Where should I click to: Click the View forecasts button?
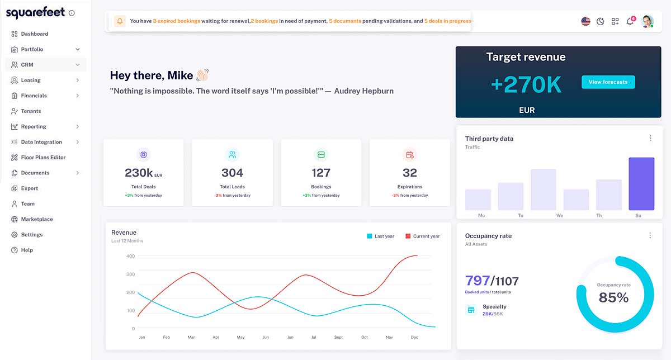click(x=608, y=82)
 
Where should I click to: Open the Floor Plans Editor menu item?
click(x=43, y=158)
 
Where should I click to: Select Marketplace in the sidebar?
click(x=37, y=219)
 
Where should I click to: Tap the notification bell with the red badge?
click(x=630, y=21)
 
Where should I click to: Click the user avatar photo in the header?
click(x=647, y=21)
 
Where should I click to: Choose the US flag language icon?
click(x=585, y=21)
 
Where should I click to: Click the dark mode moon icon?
click(x=601, y=21)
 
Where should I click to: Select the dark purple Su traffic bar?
click(x=641, y=183)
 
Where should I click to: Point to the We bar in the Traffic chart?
click(x=543, y=190)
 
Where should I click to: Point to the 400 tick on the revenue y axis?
click(x=130, y=256)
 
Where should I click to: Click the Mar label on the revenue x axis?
click(x=191, y=338)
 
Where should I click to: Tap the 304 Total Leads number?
click(x=232, y=173)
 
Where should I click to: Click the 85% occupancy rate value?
click(x=613, y=298)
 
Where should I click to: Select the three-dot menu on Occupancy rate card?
click(x=650, y=235)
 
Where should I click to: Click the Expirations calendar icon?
click(x=409, y=154)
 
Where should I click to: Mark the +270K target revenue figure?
click(x=526, y=84)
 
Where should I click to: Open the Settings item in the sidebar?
click(x=32, y=235)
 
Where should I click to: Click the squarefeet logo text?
click(x=35, y=12)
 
